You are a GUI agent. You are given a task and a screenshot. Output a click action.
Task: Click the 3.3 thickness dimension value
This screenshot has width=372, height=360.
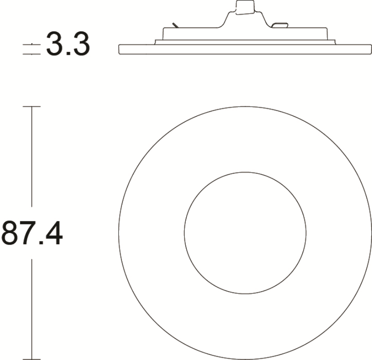[68, 45]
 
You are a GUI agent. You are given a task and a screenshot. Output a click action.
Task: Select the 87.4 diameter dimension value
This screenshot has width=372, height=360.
[32, 233]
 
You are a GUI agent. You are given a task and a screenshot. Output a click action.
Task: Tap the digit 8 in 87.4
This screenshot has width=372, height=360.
[10, 233]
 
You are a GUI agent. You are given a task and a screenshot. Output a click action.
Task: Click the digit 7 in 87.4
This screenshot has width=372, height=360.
[28, 233]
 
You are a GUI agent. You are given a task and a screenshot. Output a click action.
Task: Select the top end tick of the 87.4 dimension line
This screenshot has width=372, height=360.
[31, 107]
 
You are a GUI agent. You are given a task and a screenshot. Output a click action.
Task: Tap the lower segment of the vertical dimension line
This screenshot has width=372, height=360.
[31, 309]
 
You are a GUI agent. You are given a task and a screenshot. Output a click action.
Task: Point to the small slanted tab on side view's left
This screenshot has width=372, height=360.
[175, 24]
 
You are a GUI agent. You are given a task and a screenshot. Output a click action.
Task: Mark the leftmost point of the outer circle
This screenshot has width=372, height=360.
[119, 233]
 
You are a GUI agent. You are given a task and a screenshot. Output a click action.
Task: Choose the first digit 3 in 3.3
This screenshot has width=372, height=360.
[56, 45]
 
